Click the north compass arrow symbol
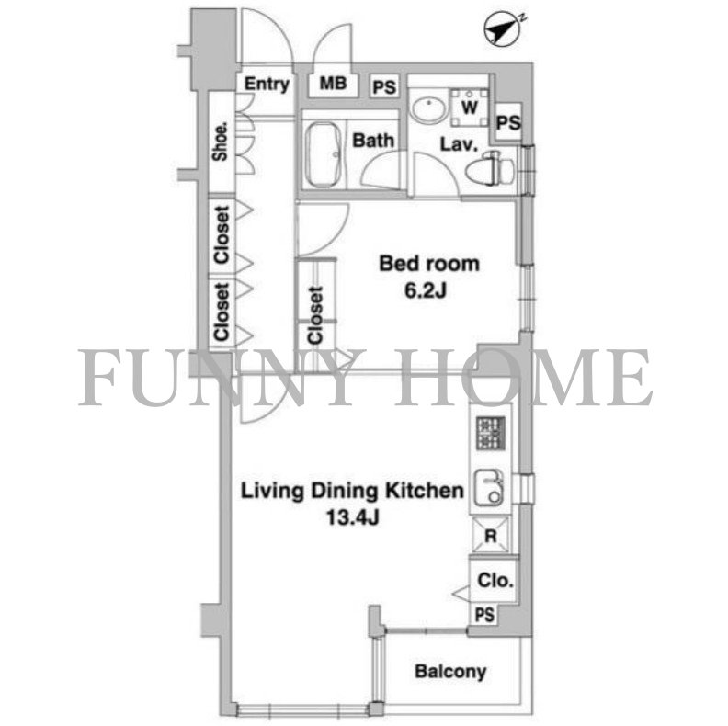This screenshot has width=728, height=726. click(x=498, y=29)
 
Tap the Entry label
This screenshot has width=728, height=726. click(x=267, y=85)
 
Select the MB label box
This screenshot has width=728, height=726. click(x=333, y=85)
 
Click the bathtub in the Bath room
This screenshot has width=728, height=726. click(x=323, y=152)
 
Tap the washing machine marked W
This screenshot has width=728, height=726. click(x=470, y=107)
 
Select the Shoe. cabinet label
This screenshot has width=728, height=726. click(x=221, y=142)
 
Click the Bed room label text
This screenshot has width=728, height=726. click(x=429, y=265)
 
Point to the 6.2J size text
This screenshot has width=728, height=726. click(x=429, y=291)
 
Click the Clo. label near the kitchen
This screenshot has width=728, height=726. click(x=495, y=581)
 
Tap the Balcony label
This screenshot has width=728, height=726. click(x=449, y=672)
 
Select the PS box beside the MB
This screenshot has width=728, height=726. click(x=384, y=88)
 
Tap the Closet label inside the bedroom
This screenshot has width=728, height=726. click(x=316, y=316)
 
